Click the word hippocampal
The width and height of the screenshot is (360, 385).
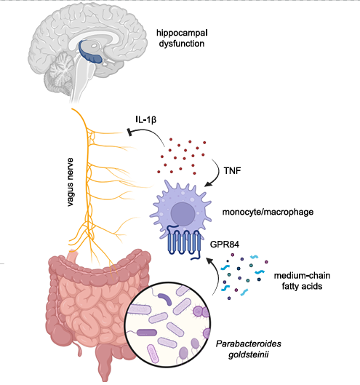coord(182,33)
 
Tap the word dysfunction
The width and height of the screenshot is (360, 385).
coord(182,44)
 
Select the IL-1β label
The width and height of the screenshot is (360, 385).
coord(145,119)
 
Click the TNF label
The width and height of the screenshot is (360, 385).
coord(232,170)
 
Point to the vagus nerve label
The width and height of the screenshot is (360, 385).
coord(71,182)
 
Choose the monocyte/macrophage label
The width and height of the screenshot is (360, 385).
coord(268,212)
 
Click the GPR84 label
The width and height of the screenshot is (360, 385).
coord(225,245)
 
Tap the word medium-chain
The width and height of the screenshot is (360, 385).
coord(302,276)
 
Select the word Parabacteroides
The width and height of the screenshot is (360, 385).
coord(248,344)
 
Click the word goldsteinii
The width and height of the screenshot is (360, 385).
coord(248,354)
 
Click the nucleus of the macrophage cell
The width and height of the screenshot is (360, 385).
coord(183,214)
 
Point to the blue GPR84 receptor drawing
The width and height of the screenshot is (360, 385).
coord(184,242)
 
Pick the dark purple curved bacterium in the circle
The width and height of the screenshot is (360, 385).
coord(164,298)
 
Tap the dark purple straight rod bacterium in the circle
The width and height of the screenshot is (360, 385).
coord(146,333)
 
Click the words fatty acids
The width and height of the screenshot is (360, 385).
coord(302,286)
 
